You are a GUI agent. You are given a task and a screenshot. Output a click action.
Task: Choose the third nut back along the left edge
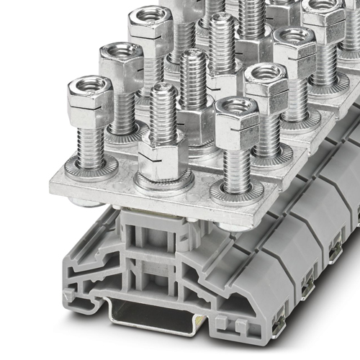pyautogui.click(x=150, y=24)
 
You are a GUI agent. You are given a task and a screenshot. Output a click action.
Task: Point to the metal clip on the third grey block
pyautogui.click(x=334, y=251)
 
